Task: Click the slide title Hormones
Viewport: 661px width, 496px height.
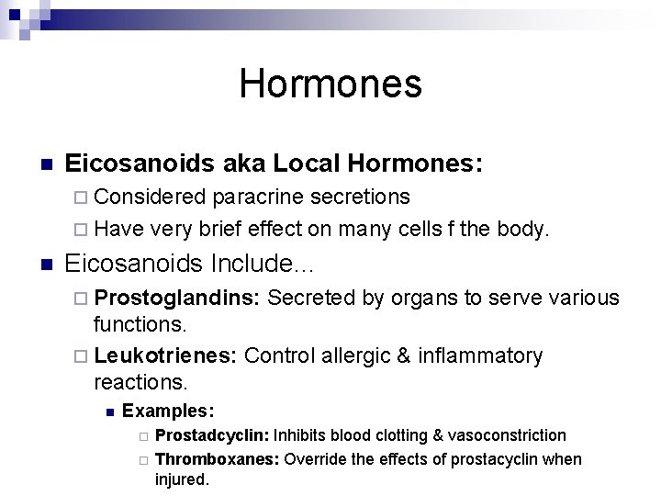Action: (330, 84)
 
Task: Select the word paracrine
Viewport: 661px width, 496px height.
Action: (260, 197)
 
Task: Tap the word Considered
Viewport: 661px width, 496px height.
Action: (151, 197)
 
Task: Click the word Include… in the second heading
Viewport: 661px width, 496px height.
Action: (263, 265)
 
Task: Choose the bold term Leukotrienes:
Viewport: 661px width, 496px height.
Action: (167, 355)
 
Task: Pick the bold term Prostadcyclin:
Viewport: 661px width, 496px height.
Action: (213, 434)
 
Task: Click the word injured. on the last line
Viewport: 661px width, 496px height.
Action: (182, 479)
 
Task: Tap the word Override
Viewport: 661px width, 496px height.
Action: (314, 458)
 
